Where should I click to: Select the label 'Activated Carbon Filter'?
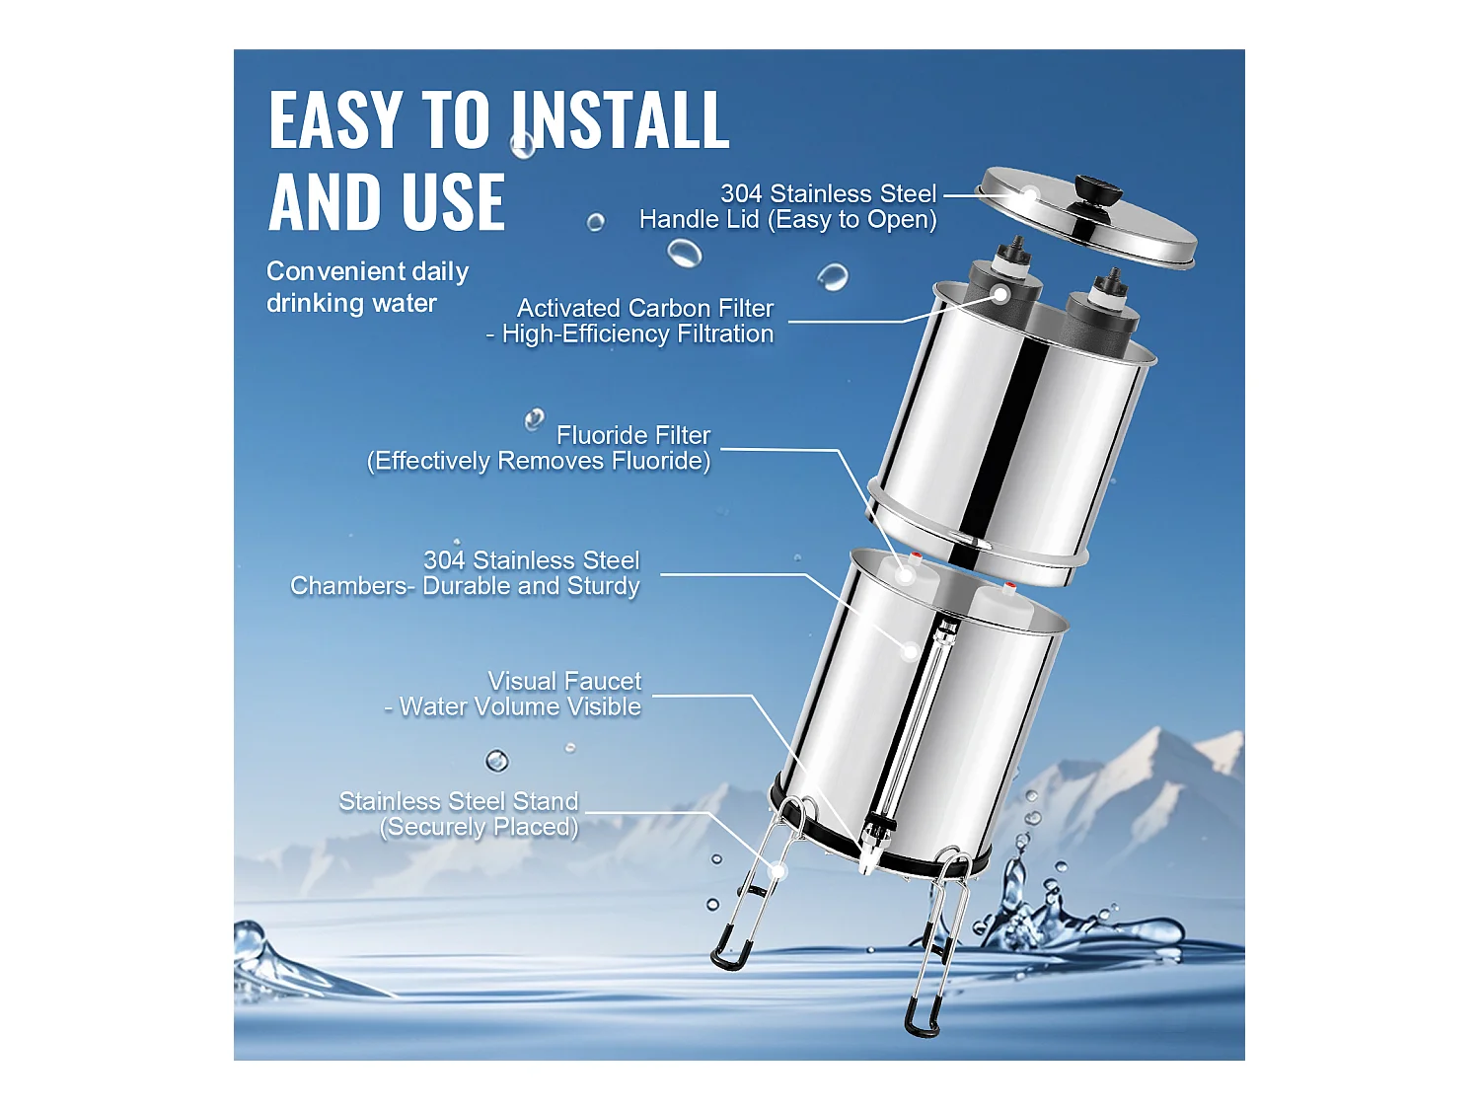pos(645,308)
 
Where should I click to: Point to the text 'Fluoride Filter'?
pos(632,435)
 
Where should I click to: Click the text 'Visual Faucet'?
pos(564,681)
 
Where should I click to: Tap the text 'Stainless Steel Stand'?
pos(458,801)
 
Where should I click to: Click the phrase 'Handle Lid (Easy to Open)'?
pos(787,219)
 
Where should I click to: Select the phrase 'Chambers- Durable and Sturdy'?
pos(465,586)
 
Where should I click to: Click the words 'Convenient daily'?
pos(367,271)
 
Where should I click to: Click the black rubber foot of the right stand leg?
pos(922,1016)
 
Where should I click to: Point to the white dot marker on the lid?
pos(1029,194)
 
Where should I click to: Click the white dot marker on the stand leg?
pos(777,871)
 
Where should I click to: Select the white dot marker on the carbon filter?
pos(999,294)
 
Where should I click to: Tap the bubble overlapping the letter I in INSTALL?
pos(523,145)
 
